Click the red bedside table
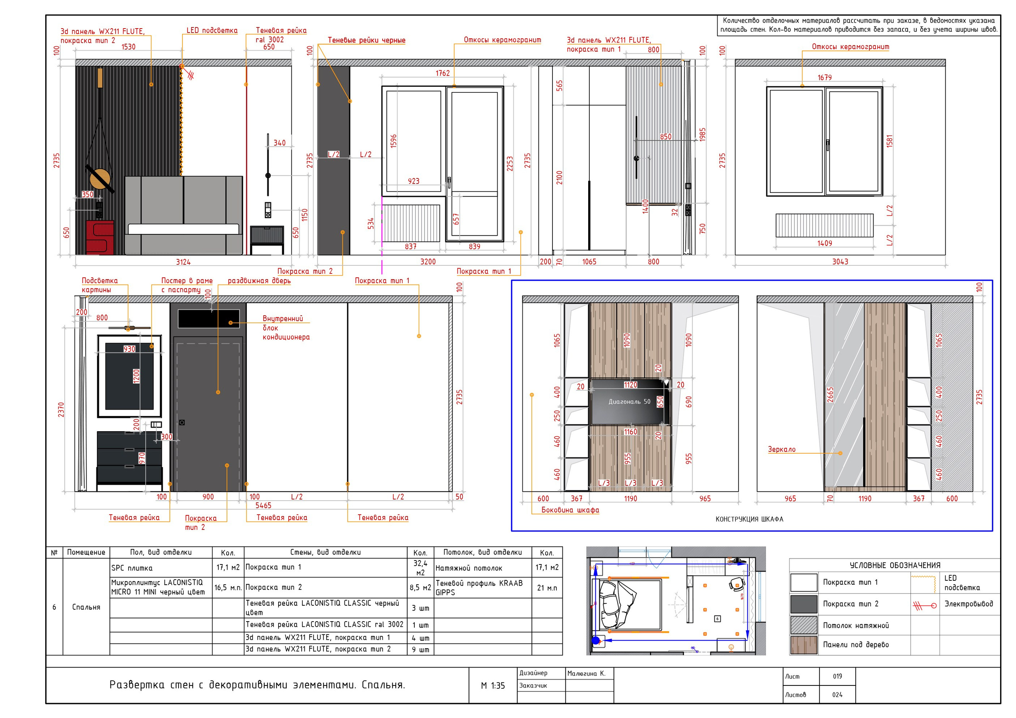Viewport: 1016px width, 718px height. (x=100, y=238)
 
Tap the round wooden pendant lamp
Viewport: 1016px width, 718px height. (x=100, y=179)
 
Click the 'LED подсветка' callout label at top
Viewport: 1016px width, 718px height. (x=212, y=31)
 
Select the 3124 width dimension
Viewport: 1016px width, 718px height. (x=183, y=262)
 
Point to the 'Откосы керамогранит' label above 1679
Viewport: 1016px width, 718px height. (x=850, y=47)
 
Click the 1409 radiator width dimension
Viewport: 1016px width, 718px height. (x=824, y=243)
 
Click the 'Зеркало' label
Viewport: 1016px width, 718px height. (x=781, y=449)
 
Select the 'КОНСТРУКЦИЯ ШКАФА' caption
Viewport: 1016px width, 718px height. (x=749, y=519)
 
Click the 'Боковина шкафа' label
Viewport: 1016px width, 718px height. (x=570, y=510)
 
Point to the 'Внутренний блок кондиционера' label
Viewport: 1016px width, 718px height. (x=286, y=328)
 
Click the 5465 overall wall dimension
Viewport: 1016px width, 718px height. (x=263, y=506)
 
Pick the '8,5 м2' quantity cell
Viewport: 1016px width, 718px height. (x=420, y=587)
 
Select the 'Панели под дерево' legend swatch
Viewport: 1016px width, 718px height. (x=804, y=645)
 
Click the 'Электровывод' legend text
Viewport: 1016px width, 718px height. (x=969, y=604)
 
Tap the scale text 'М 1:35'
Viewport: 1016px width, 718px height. (x=493, y=686)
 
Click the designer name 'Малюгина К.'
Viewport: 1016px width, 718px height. (x=586, y=673)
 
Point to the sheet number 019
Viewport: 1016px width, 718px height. (x=837, y=676)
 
